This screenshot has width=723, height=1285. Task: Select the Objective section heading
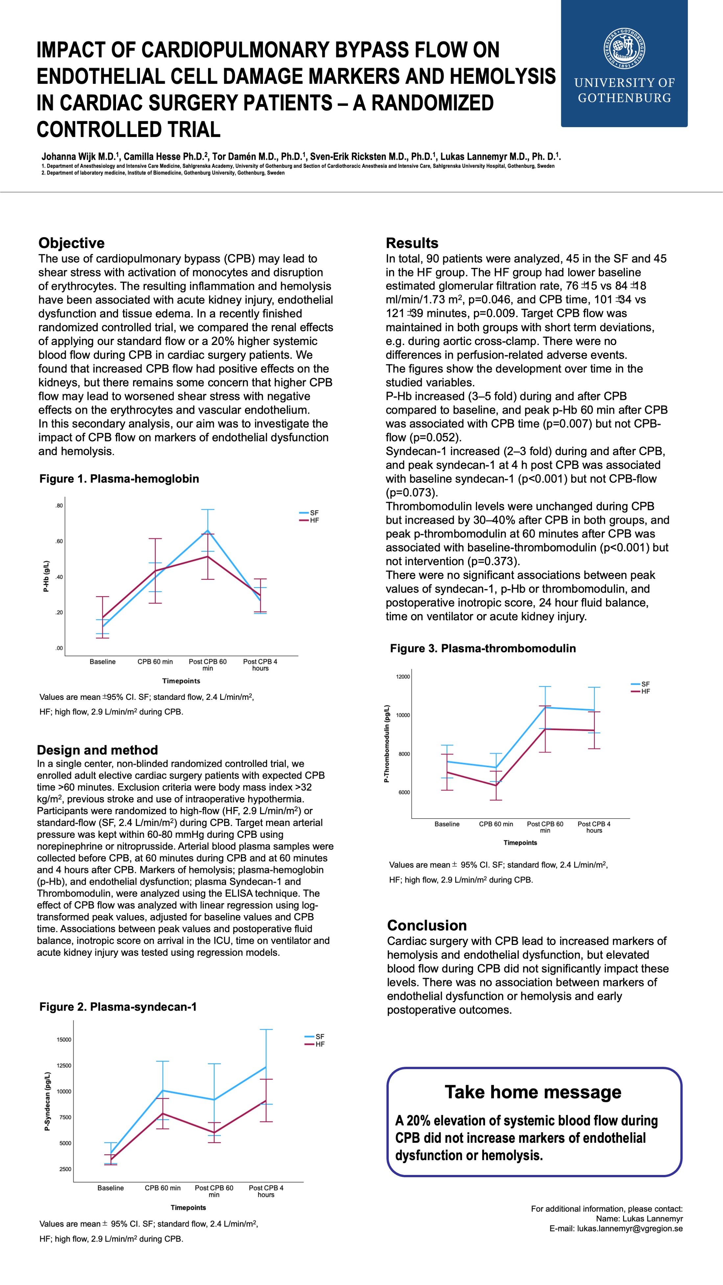(71, 243)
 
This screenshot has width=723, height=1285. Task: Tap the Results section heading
(412, 243)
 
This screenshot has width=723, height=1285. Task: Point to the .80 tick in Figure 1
(59, 506)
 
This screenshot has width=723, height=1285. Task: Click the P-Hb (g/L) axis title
(46, 576)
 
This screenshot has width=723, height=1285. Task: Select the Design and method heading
(97, 750)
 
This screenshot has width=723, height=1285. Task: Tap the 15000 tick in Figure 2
(64, 1040)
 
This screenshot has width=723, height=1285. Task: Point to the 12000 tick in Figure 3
(403, 677)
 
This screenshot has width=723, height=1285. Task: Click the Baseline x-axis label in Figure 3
(447, 824)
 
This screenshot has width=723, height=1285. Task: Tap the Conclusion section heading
(427, 925)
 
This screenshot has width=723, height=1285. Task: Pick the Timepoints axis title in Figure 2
(188, 1208)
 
